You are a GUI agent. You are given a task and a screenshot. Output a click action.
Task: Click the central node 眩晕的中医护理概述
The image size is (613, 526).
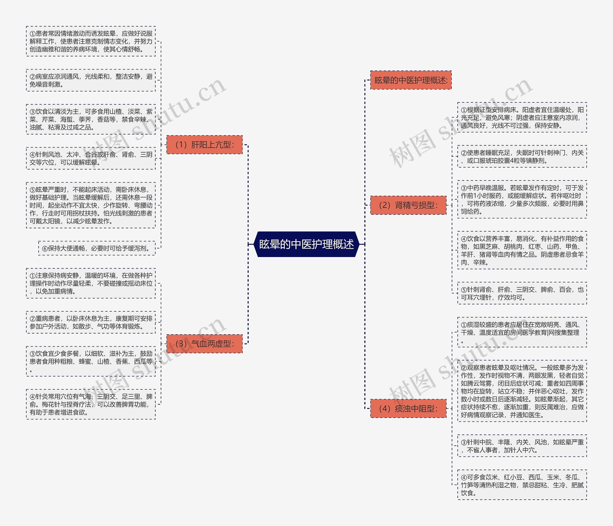(306, 244)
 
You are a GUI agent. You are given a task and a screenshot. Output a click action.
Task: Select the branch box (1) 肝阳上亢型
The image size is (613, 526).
(204, 145)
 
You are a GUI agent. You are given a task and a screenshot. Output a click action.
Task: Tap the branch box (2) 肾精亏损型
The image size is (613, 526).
(408, 205)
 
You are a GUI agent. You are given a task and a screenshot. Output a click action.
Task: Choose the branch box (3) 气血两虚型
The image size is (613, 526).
(204, 344)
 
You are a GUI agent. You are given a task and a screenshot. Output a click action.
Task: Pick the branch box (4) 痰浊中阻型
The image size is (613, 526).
(408, 408)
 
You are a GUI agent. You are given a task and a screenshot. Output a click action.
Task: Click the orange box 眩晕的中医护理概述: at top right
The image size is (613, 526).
(411, 80)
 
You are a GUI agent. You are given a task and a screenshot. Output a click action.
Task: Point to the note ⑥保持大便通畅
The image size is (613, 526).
(97, 248)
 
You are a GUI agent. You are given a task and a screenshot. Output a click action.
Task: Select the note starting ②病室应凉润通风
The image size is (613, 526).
(91, 80)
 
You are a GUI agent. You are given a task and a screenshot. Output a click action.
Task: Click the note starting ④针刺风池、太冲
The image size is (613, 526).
(91, 158)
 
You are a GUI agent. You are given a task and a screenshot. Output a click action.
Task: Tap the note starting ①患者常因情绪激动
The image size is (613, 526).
(91, 41)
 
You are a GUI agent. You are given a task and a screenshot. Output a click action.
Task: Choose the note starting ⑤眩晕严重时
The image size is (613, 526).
(91, 205)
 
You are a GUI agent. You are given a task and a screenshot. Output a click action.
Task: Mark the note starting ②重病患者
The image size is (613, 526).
(91, 322)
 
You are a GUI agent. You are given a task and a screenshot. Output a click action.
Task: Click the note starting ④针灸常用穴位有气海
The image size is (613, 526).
(91, 404)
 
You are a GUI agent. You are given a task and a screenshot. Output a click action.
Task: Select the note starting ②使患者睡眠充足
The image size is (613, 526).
(522, 157)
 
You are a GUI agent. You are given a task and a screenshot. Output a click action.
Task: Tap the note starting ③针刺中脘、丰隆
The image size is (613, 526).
(522, 446)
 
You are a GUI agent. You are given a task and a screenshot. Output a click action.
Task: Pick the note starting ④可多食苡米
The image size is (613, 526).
(522, 485)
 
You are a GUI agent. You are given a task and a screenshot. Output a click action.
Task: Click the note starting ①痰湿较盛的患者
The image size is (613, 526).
(522, 332)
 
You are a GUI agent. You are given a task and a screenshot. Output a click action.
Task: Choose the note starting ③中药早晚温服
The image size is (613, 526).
(522, 199)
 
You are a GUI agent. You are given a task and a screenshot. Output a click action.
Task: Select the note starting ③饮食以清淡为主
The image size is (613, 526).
(91, 119)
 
